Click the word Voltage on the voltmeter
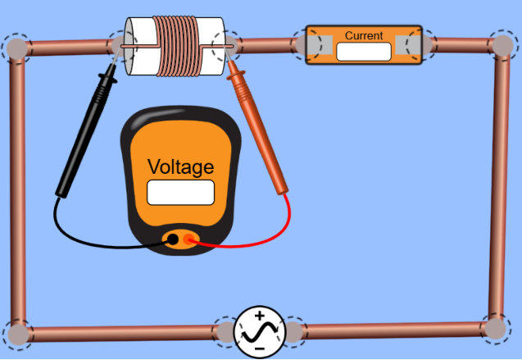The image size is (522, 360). (180, 167)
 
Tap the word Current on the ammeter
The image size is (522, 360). (364, 36)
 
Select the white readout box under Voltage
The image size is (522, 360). (180, 192)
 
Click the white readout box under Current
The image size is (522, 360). (364, 51)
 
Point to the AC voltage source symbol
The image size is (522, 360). (259, 331)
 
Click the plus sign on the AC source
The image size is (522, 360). (259, 316)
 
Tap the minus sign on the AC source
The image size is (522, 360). (259, 349)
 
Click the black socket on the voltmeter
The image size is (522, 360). (173, 239)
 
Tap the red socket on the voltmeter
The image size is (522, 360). (190, 239)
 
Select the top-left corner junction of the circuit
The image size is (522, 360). (16, 47)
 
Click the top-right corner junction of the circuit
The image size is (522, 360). (501, 44)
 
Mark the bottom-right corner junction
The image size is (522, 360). (494, 328)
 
